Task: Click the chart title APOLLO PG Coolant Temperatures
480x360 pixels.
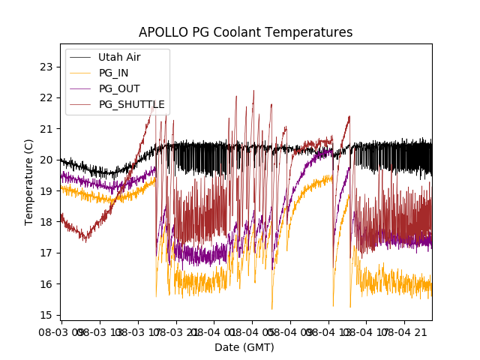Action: pyautogui.click(x=245, y=33)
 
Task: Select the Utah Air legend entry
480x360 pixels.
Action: pyautogui.click(x=119, y=57)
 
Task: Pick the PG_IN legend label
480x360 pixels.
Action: pyautogui.click(x=113, y=73)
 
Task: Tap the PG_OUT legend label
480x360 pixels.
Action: pyautogui.click(x=118, y=88)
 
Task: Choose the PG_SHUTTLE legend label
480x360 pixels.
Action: pyautogui.click(x=131, y=104)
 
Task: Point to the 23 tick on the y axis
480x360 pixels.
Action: pyautogui.click(x=48, y=67)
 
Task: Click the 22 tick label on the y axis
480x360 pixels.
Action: pyautogui.click(x=48, y=97)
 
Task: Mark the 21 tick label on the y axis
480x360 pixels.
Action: pyautogui.click(x=48, y=128)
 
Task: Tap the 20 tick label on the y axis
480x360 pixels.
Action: pyautogui.click(x=48, y=160)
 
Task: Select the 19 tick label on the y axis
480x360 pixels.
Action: pyautogui.click(x=48, y=190)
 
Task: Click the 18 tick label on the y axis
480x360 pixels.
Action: pyautogui.click(x=48, y=221)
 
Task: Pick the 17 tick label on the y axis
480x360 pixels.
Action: pyautogui.click(x=48, y=253)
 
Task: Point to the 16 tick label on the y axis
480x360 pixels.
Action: pyautogui.click(x=48, y=283)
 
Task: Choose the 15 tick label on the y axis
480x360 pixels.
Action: pyautogui.click(x=48, y=314)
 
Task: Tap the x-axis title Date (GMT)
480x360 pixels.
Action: pyautogui.click(x=244, y=347)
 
